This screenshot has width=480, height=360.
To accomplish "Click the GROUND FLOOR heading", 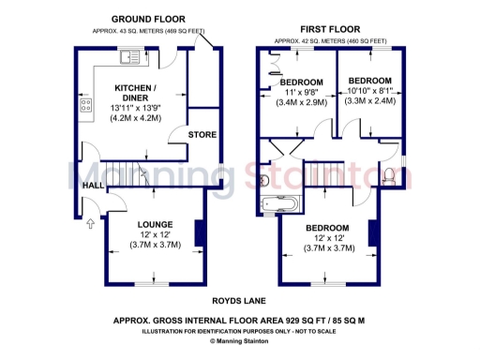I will [148, 19].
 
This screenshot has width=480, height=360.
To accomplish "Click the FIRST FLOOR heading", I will [331, 30].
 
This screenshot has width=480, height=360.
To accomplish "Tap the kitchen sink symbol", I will [129, 59].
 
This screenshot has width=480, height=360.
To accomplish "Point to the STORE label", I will [202, 135].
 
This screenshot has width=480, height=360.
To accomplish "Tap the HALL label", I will [93, 187].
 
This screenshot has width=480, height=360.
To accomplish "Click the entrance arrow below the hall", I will [91, 224].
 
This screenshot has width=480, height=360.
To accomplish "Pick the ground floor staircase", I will [141, 173].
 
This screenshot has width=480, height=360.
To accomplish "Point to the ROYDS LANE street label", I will [240, 301].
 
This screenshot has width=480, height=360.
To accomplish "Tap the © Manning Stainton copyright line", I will [240, 342].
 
